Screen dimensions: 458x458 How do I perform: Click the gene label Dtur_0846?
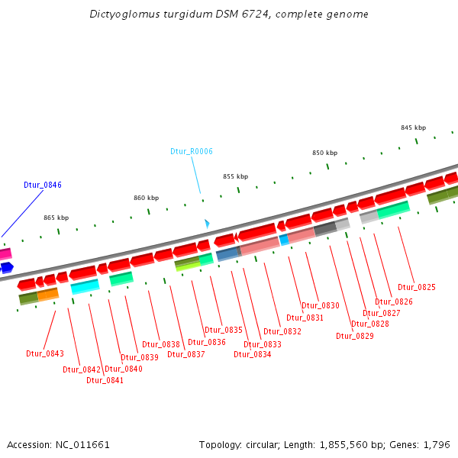(x=43, y=185)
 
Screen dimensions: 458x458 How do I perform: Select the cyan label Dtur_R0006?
(x=192, y=151)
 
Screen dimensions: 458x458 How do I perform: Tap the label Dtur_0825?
(x=416, y=287)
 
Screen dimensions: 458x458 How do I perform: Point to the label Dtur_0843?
(x=45, y=353)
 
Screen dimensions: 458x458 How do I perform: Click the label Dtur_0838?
(x=161, y=344)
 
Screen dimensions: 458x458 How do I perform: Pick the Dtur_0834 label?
(x=253, y=354)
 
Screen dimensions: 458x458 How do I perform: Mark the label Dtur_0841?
(x=105, y=380)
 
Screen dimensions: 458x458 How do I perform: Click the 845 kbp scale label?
(x=414, y=127)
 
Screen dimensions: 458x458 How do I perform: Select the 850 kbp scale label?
(x=324, y=153)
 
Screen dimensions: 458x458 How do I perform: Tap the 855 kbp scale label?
(x=236, y=176)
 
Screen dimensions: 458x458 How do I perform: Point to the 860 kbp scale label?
(x=147, y=198)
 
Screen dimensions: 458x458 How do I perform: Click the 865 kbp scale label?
(x=56, y=218)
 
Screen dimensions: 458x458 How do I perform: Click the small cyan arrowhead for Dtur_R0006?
(x=206, y=224)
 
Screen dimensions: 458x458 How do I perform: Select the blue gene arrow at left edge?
(x=6, y=267)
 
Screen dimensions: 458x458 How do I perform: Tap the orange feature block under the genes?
(x=48, y=294)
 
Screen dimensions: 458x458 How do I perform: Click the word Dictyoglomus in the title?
(x=121, y=15)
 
